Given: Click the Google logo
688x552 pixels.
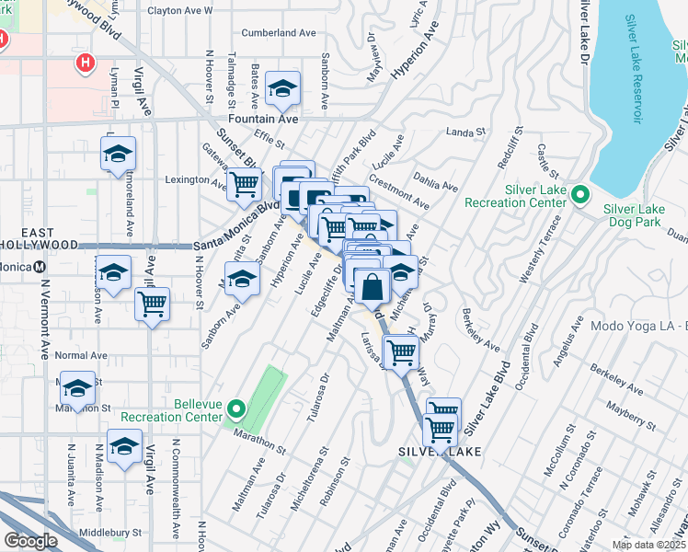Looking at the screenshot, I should (30, 541).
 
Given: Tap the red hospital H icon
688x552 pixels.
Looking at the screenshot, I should (86, 63).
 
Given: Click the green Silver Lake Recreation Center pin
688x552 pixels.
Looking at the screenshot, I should (580, 194).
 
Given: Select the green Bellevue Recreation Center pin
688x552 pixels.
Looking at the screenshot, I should (236, 409).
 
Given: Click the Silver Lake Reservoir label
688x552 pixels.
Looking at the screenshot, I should (636, 69).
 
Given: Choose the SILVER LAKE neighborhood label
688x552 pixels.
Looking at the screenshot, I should (434, 452).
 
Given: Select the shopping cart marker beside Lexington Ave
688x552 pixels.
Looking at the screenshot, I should (244, 184).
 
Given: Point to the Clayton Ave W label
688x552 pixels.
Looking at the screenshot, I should (179, 11).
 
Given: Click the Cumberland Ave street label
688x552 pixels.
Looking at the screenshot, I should (278, 32).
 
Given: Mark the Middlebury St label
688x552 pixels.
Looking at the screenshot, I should (109, 532).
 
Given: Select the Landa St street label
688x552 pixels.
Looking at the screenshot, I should (465, 132).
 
